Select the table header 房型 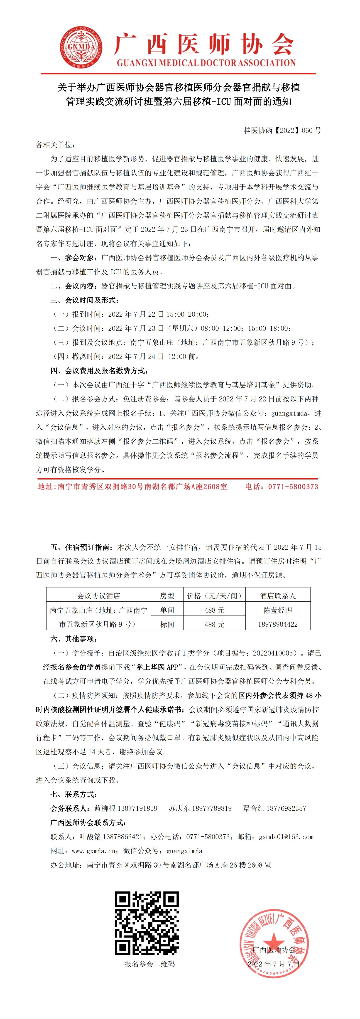tap(167, 596)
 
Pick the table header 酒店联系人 tap(278, 596)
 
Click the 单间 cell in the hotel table tap(167, 610)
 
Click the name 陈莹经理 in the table tap(278, 610)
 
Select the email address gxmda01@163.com tap(286, 837)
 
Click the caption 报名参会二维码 tap(149, 964)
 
